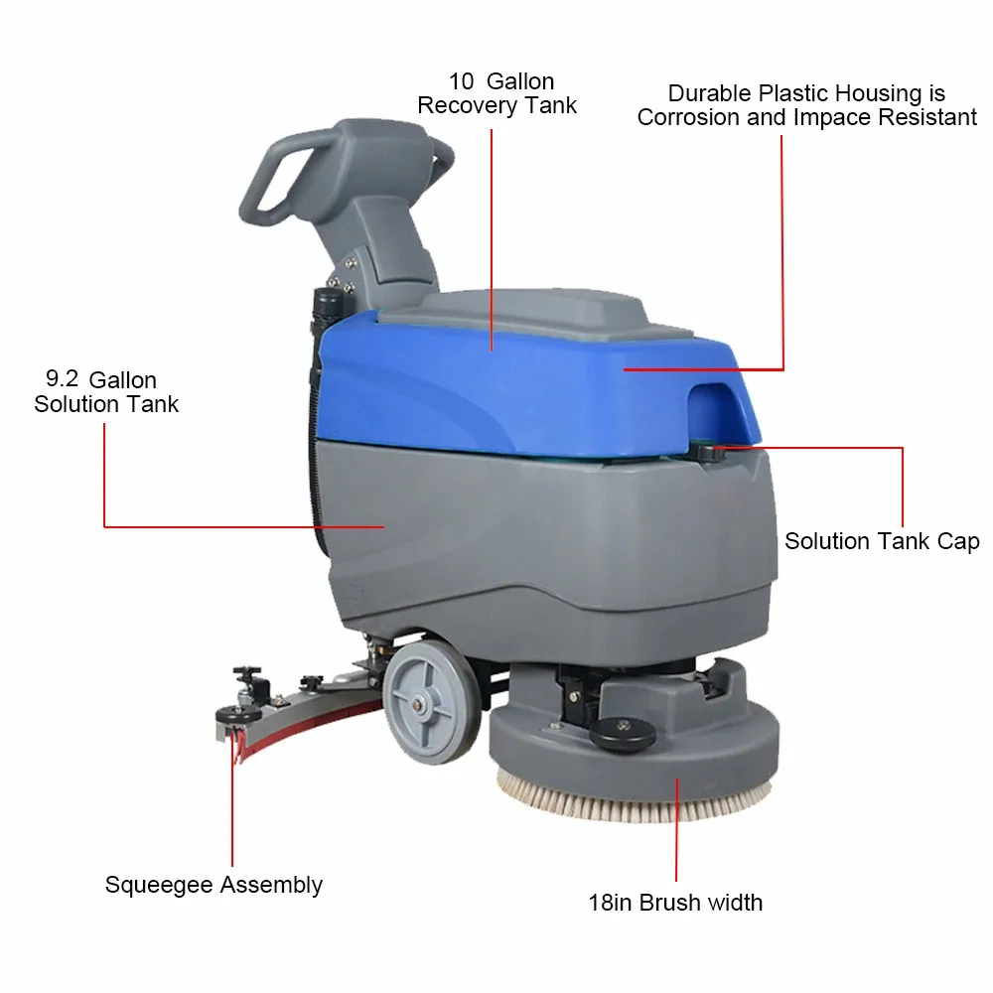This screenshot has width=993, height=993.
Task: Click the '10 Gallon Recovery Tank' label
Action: (496, 93)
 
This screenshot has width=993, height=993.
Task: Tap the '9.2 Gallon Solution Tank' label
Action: (106, 392)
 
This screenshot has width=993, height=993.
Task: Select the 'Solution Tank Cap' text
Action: (882, 541)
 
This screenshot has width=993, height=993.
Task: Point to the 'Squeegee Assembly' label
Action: (213, 885)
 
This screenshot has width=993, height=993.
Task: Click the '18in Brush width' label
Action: (675, 903)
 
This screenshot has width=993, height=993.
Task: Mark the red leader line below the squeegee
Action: (233, 824)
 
